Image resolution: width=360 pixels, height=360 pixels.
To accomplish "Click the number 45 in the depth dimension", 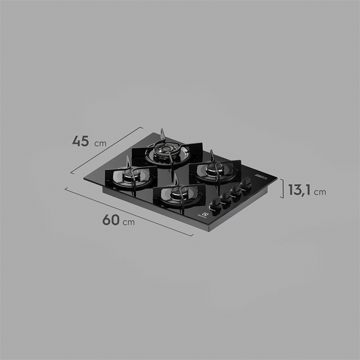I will point(81,141).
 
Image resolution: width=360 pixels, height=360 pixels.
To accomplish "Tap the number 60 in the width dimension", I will point(111,220).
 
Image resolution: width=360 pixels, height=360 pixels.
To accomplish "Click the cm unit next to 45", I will point(100,144).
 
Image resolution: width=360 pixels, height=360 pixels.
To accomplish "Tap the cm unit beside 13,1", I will point(320,192).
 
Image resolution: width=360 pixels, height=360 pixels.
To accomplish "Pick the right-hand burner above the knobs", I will point(213,171).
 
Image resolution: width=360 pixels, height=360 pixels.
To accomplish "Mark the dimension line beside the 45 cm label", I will point(107,150).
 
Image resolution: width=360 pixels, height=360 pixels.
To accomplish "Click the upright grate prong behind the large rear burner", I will point(163,134).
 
